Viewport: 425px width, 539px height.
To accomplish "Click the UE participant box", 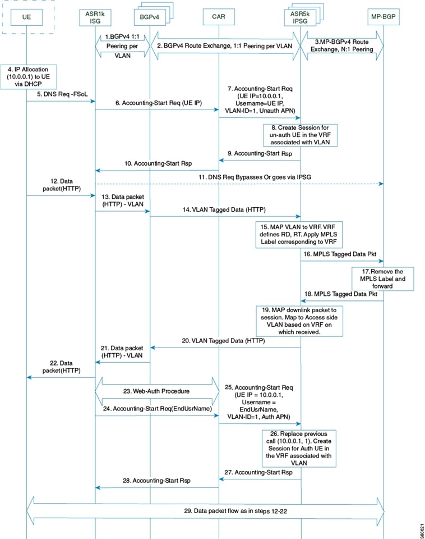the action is [26, 17].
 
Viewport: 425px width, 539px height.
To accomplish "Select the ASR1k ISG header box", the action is [95, 17].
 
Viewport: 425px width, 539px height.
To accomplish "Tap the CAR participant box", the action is [219, 17].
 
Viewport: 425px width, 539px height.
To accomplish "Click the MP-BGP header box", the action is [384, 16].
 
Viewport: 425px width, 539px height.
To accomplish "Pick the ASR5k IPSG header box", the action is [300, 17].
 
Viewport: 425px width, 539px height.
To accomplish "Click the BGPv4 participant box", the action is [149, 17].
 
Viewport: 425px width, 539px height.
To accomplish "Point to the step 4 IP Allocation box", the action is [29, 77].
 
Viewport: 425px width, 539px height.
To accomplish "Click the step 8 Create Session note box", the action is [300, 135].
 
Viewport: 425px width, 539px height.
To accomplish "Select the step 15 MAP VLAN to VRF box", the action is [299, 235].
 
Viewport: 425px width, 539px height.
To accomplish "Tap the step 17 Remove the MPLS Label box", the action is [382, 279].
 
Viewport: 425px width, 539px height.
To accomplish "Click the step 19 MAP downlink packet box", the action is [299, 321].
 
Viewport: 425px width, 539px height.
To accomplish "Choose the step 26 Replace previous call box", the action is [299, 448].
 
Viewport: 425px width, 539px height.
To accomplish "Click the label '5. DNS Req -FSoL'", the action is [62, 94].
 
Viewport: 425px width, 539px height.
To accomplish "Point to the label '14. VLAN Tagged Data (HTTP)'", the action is [224, 209].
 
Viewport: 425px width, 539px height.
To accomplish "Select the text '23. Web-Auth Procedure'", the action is [156, 391].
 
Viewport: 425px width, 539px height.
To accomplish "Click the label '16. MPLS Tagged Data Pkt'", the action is [340, 254].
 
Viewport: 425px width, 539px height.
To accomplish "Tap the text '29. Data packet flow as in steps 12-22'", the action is [235, 511].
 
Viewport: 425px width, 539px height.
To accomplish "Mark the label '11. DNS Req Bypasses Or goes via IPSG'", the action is [255, 177].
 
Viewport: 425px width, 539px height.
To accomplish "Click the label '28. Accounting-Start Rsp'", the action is [156, 480].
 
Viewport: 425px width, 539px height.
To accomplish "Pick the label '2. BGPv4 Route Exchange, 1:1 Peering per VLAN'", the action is [224, 45].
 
